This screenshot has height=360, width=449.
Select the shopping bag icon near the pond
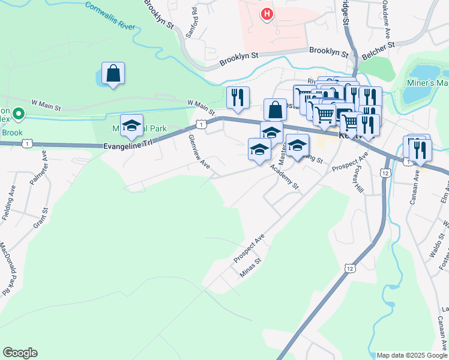(113, 74)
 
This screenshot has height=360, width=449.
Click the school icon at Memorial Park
(132, 126)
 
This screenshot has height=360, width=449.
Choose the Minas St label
(251, 268)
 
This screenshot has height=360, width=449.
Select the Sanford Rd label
(191, 23)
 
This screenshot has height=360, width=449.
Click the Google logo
(20, 353)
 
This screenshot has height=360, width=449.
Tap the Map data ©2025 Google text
(411, 355)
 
